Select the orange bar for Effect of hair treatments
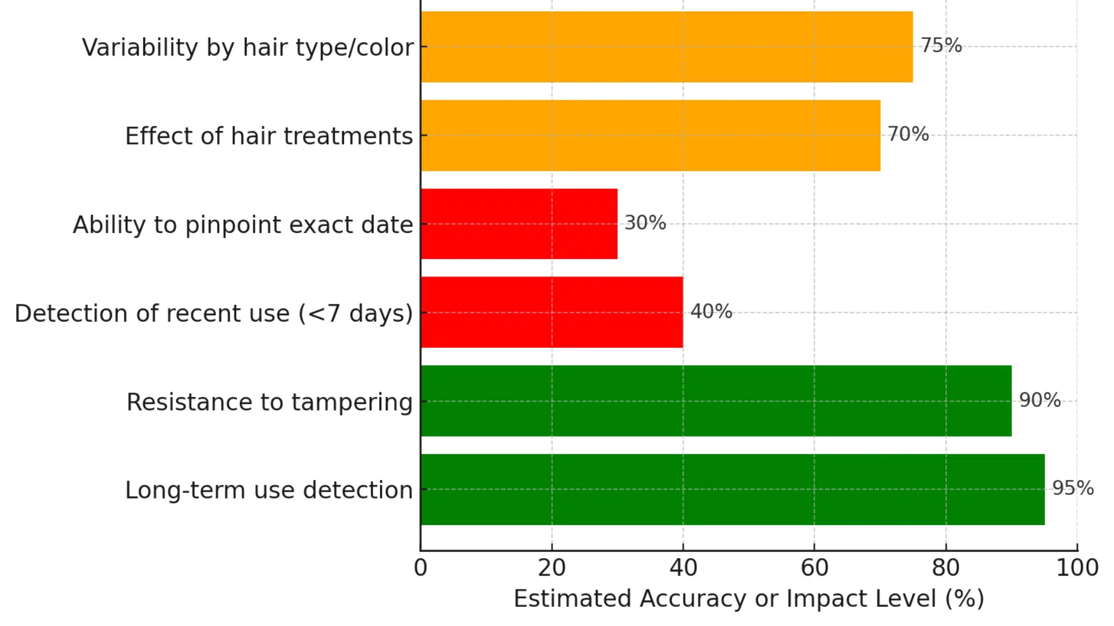(650, 135)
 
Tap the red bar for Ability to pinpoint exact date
(519, 224)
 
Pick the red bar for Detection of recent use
(551, 312)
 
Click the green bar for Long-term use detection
(732, 489)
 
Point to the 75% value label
(941, 45)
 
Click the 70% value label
(908, 134)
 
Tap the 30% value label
(645, 223)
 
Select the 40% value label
(711, 311)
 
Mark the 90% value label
(1040, 400)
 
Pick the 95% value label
(1073, 488)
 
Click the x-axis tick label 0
(421, 568)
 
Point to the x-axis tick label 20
(551, 568)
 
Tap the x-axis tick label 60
(815, 568)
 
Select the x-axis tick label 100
(1077, 568)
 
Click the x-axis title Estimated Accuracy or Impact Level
(748, 599)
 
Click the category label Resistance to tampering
(269, 402)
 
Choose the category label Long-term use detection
(269, 490)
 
